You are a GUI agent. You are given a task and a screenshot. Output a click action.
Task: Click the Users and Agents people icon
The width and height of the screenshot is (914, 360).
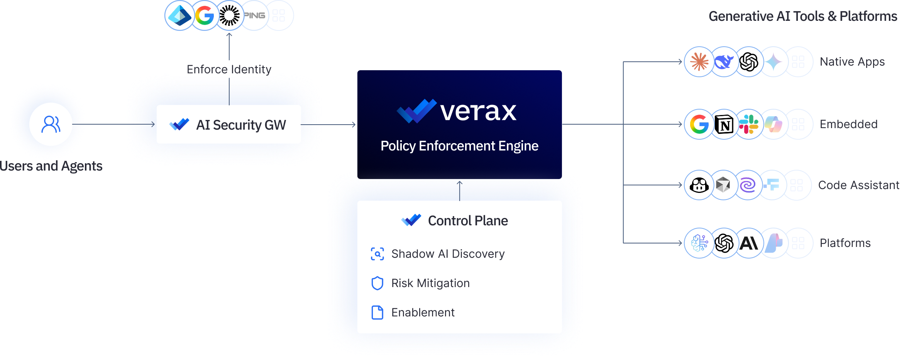coord(51,124)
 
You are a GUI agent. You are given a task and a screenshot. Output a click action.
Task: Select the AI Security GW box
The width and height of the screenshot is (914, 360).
coord(228,124)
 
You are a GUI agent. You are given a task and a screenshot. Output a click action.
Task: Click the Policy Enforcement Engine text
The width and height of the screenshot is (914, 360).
coord(459,146)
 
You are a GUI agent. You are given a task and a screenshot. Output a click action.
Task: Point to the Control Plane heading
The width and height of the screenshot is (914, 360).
coord(468,221)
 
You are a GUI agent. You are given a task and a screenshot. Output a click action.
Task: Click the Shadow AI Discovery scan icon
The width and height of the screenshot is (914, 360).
coord(377,254)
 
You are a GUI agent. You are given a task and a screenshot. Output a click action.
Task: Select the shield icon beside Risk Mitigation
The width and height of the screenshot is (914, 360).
coord(377,283)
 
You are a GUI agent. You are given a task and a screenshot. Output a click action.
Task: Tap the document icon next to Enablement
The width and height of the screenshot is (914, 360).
coord(377,313)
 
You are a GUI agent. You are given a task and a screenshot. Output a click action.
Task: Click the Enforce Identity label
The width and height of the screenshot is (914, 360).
coord(229,69)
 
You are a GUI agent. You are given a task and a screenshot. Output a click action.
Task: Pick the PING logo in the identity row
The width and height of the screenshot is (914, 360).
coord(254,15)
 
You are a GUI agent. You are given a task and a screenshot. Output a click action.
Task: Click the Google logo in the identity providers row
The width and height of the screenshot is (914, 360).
coord(204,15)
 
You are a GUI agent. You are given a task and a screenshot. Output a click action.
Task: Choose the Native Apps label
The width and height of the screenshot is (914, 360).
coord(852,62)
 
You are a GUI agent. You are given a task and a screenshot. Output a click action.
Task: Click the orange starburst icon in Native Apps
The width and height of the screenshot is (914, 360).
coord(699,62)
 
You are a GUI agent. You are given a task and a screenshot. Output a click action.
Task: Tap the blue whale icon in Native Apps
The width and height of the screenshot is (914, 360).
coord(724,62)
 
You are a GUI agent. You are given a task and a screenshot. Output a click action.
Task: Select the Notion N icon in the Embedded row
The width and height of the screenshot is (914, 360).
coord(724,124)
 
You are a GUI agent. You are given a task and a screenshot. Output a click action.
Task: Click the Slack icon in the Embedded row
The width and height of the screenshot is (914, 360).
coord(749,124)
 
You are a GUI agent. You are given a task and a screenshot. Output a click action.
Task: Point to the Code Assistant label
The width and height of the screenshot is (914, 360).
coord(859,185)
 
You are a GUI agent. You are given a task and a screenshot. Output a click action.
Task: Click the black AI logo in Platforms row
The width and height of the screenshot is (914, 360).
coord(749,243)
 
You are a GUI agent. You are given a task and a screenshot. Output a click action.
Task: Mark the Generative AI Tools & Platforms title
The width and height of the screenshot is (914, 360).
coord(803,16)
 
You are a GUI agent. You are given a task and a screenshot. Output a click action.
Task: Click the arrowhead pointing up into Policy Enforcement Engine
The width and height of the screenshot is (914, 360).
coord(459,183)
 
